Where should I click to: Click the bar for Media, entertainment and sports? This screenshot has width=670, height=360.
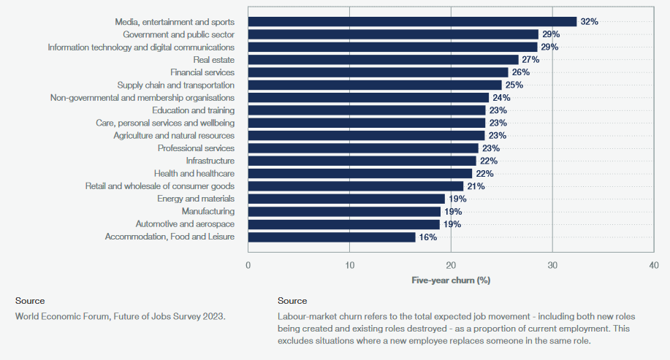click(x=412, y=22)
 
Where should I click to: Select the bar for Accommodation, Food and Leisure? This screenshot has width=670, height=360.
click(x=332, y=237)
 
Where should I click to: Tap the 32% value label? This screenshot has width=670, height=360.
click(x=589, y=22)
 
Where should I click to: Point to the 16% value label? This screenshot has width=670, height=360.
click(x=427, y=237)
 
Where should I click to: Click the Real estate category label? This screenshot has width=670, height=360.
click(x=213, y=60)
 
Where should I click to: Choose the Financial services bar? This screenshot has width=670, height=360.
click(x=378, y=72)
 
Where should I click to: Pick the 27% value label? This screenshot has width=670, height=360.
click(x=530, y=60)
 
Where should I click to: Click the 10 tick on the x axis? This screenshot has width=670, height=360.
click(x=349, y=265)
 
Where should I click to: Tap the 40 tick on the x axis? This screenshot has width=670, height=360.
click(x=653, y=265)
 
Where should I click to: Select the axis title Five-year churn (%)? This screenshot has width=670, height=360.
click(x=450, y=280)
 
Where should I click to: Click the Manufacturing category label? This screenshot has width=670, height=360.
click(x=208, y=212)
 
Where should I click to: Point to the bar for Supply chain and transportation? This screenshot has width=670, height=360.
click(x=375, y=85)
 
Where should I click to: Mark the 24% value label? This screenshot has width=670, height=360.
click(x=501, y=98)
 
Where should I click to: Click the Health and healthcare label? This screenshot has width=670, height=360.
click(x=194, y=174)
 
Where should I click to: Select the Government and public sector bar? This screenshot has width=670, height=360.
click(x=393, y=34)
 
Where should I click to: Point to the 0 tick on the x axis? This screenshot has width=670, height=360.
click(x=248, y=265)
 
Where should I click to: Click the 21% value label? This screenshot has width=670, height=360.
click(x=476, y=186)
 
